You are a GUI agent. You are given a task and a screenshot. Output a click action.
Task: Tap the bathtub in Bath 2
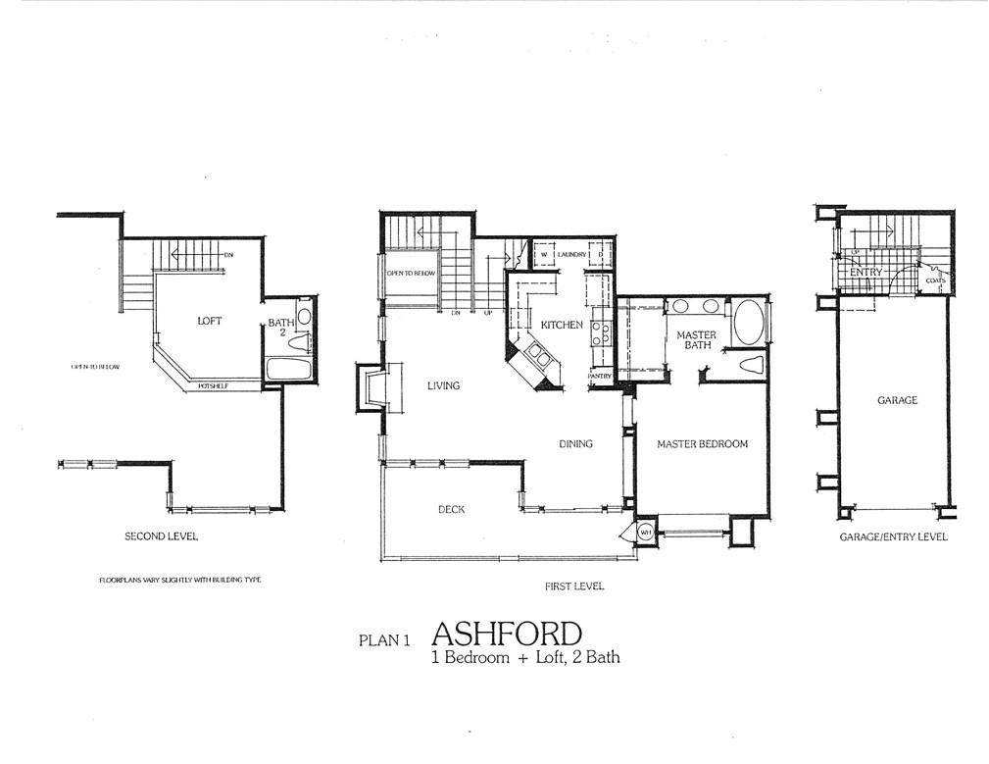click(x=288, y=371)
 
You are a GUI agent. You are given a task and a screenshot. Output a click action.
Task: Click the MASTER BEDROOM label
click(x=702, y=444)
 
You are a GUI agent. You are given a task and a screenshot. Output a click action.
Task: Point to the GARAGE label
click(x=897, y=400)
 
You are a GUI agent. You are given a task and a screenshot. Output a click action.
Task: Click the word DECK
click(x=451, y=509)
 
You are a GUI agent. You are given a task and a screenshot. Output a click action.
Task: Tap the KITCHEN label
click(x=562, y=325)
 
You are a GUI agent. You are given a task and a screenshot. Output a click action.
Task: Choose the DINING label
click(x=575, y=444)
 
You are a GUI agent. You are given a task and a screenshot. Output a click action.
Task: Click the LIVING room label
click(x=443, y=385)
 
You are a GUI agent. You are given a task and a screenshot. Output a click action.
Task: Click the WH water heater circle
click(x=646, y=533)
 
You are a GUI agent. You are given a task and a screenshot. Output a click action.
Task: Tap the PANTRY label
click(x=600, y=377)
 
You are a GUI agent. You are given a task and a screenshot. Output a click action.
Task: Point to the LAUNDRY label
click(x=571, y=255)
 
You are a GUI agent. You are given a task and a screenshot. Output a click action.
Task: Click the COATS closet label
click(x=934, y=280)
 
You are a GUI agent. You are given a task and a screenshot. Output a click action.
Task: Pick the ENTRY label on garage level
click(x=866, y=272)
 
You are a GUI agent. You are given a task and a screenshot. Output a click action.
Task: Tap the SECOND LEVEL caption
click(x=161, y=536)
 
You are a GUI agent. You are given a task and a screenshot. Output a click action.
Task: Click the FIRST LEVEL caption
click(x=574, y=586)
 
